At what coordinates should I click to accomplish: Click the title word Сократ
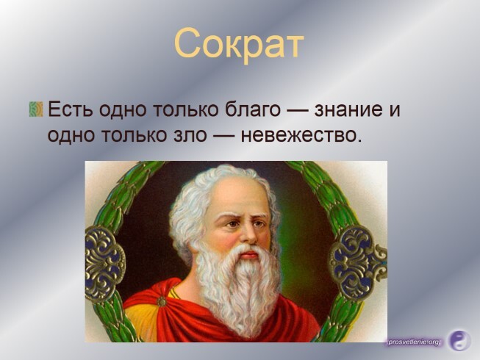click(239, 43)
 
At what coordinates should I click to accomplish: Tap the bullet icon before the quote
click(36, 109)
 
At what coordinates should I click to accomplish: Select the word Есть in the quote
click(71, 109)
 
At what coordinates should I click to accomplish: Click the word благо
click(253, 109)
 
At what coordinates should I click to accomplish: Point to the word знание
click(348, 109)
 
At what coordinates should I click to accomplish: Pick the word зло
click(187, 135)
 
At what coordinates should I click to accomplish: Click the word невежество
click(298, 135)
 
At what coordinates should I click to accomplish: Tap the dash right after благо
click(298, 110)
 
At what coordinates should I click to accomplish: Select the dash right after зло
click(223, 135)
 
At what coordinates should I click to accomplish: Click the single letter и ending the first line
click(394, 111)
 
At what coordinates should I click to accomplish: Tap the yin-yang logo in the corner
click(459, 340)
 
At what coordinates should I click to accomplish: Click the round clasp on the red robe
click(161, 302)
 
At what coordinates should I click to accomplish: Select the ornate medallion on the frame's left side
click(104, 264)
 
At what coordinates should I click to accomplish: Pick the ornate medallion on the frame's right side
click(357, 264)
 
